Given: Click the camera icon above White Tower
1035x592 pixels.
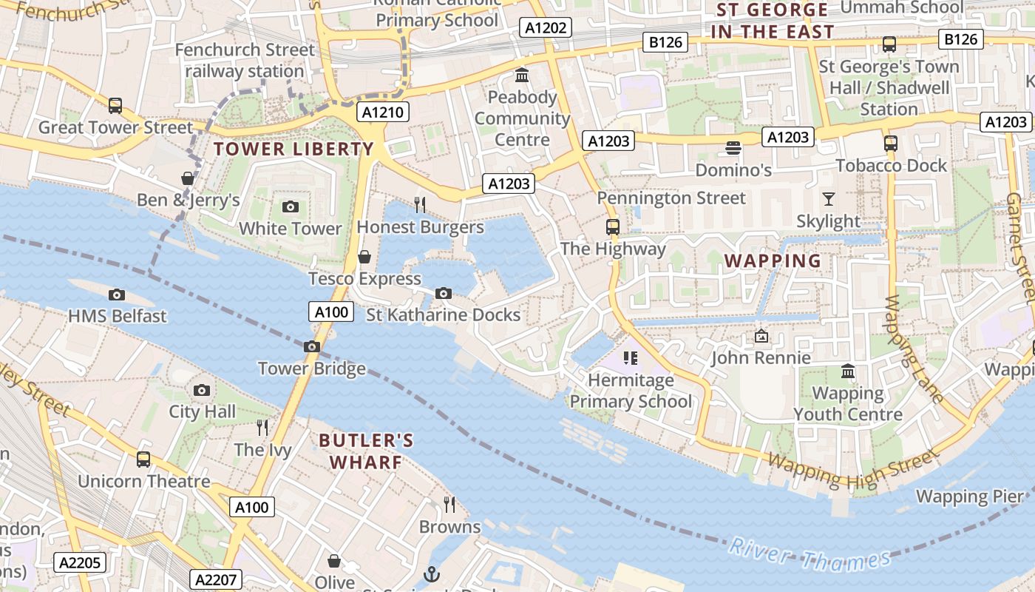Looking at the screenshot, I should pos(291,206).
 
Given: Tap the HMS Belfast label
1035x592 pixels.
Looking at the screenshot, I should pos(118,316).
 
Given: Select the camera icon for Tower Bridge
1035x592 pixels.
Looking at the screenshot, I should pos(312,346).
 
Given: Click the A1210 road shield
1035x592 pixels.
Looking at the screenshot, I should pos(383,112).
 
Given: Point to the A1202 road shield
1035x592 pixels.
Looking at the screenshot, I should pos(546,28).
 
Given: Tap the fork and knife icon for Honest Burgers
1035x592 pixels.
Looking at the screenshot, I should pos(420,204).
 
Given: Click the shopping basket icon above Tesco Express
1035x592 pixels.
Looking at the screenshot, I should pos(364,257).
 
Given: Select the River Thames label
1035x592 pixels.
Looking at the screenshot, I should pos(810,557).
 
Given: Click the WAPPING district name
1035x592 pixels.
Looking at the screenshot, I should pos(773,260).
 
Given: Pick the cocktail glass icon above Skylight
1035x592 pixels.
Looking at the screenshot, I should pos(828,198).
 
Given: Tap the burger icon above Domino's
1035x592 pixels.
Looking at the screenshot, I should pos(733,148).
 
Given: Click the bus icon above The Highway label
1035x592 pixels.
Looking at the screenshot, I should pos(612,226).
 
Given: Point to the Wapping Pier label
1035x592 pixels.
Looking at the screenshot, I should pos(970,496).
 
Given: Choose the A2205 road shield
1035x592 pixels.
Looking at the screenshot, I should pos(80,562).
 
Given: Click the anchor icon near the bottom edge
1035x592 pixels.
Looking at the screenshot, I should pos(431,574).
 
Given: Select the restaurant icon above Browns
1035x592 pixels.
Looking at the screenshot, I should pos(449,505).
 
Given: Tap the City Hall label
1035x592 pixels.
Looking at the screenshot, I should pos(203,411).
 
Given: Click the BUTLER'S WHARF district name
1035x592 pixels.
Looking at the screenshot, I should pos(366,451).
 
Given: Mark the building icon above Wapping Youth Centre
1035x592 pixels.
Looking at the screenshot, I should pos(848,371).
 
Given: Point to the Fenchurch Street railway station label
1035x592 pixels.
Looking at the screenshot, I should pos(245,61).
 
